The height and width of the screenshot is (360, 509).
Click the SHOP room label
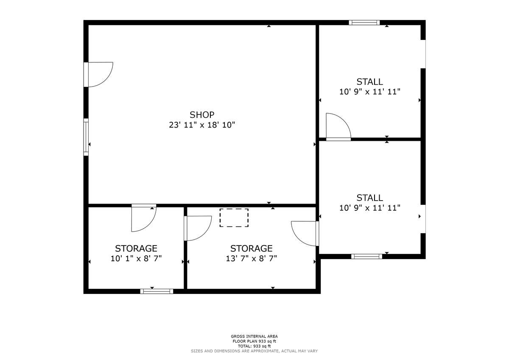tap(202, 114)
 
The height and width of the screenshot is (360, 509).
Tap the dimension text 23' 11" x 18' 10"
tap(202, 125)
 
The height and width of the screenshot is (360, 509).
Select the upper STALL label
tap(369, 81)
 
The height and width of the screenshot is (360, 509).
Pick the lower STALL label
tap(369, 198)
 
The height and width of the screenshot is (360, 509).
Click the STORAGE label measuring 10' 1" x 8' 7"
tap(136, 248)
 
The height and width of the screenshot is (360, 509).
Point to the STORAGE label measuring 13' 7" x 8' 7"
tap(251, 248)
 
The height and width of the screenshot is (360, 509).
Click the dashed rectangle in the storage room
tap(234, 218)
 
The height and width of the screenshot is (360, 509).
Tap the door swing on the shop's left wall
tap(99, 74)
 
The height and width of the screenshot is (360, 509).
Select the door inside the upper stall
tap(338, 126)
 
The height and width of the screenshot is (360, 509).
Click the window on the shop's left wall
tap(86, 137)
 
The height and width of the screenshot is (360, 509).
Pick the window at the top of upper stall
tap(364, 22)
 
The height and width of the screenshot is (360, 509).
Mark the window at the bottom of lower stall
tap(366, 256)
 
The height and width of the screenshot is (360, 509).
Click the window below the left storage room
tap(157, 291)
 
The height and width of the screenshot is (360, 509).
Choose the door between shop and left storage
tap(143, 218)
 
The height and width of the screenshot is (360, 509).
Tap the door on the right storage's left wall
tap(197, 228)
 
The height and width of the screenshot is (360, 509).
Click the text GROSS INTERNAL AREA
tap(254, 336)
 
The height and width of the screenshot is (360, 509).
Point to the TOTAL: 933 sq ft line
tap(254, 346)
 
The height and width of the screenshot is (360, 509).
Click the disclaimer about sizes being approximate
tap(254, 351)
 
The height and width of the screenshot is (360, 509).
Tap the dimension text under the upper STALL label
tap(369, 92)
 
